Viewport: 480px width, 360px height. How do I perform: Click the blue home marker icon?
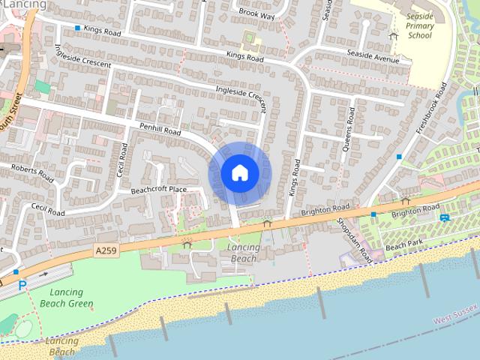click(239, 173)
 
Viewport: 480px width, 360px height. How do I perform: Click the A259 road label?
click(106, 248)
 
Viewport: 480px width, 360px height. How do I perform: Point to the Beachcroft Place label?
click(158, 190)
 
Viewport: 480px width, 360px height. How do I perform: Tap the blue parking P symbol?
click(22, 284)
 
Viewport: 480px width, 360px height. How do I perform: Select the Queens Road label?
click(348, 134)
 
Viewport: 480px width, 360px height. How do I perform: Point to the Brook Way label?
click(257, 13)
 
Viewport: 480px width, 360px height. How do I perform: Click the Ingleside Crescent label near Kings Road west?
click(82, 55)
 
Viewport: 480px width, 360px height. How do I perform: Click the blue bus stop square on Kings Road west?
click(77, 28)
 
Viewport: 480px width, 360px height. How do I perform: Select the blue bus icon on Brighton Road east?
click(445, 217)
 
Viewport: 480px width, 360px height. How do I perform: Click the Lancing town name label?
click(22, 4)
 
